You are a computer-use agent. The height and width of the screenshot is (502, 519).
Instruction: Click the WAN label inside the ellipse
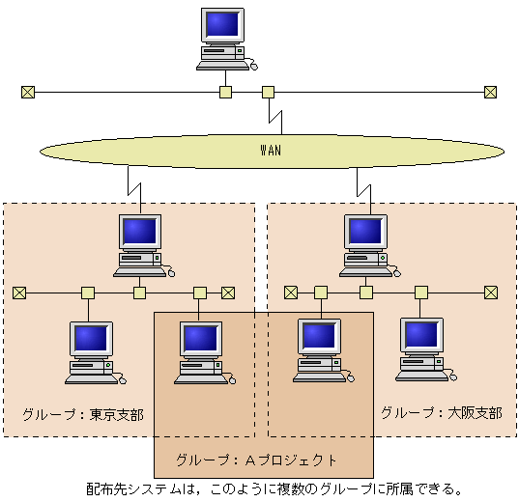[272, 151]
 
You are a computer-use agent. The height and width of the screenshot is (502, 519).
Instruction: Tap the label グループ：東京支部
[82, 414]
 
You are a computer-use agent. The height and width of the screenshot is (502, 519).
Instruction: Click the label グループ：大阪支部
[441, 412]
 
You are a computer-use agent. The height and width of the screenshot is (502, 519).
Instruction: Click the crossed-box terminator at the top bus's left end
[27, 93]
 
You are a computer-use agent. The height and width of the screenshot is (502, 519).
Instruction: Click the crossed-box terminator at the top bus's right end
[490, 93]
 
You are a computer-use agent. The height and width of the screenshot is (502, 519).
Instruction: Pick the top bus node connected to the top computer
[225, 93]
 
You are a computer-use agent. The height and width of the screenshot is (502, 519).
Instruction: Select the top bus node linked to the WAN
[268, 93]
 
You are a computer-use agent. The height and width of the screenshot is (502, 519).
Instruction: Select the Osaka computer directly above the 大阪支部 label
[423, 346]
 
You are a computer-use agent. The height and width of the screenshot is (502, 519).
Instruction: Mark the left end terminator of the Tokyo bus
[19, 293]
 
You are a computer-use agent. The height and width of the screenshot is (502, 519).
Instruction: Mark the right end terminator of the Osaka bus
[490, 293]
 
